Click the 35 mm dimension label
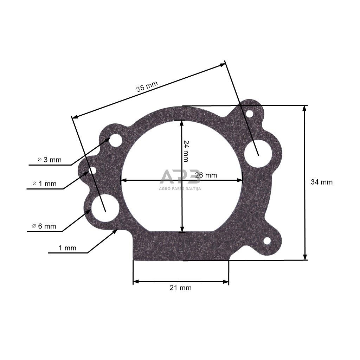click(147, 86)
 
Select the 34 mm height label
click(321, 182)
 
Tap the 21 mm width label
click(180, 288)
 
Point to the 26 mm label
click(206, 175)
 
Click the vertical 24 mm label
click(186, 151)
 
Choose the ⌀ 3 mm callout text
click(50, 160)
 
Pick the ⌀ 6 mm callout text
click(44, 226)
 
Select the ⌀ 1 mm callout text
click(44, 184)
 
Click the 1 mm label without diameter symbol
click(67, 248)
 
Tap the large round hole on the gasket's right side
click(258, 154)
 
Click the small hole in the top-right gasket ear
click(249, 114)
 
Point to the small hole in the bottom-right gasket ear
click(267, 241)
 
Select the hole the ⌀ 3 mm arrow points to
click(115, 140)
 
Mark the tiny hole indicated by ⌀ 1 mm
click(92, 171)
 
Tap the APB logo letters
click(180, 177)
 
